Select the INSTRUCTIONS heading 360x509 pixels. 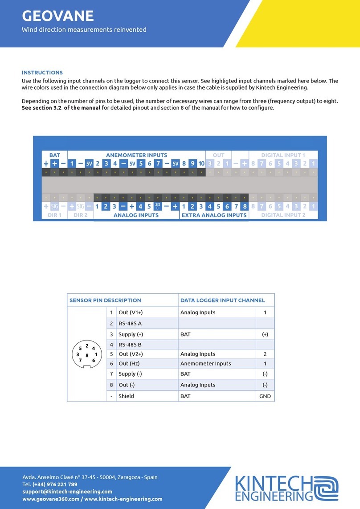[42, 72]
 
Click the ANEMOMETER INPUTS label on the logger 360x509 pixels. [136, 155]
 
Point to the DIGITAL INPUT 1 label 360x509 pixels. [283, 155]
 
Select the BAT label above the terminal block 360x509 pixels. [54, 155]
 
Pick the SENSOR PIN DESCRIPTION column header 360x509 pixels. [105, 300]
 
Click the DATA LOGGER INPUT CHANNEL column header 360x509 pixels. [222, 300]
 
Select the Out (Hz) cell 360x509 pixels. [130, 364]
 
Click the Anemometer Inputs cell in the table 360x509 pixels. [205, 364]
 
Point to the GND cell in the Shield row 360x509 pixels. [265, 396]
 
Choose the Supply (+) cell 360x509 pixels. [131, 334]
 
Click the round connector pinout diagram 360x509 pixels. [86, 354]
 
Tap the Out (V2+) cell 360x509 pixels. [131, 354]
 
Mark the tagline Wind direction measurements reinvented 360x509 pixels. [84, 30]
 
